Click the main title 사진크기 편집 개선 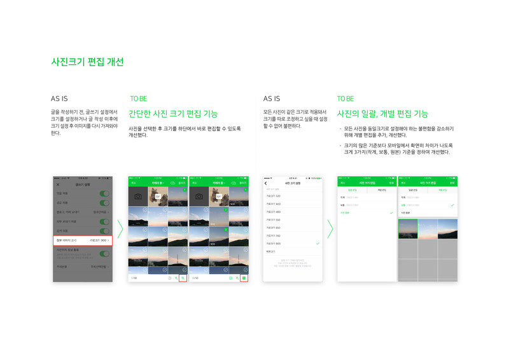coord(87,62)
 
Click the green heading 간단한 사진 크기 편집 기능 coord(173,114)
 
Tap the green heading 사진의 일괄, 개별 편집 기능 coord(382,114)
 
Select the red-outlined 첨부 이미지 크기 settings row coord(83,240)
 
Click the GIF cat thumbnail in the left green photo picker coord(157,196)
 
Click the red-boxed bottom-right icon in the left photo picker coord(183,278)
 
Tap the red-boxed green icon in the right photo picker coord(244,278)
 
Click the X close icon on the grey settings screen coord(58,184)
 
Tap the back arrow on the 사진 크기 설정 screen coord(266,183)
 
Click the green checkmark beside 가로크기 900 coord(317,244)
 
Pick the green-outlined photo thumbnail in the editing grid coord(407,229)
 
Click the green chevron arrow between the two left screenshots coord(120,229)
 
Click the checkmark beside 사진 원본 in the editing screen coord(391,212)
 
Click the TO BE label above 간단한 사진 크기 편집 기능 coord(139,99)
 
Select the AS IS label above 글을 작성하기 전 coord(59,99)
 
